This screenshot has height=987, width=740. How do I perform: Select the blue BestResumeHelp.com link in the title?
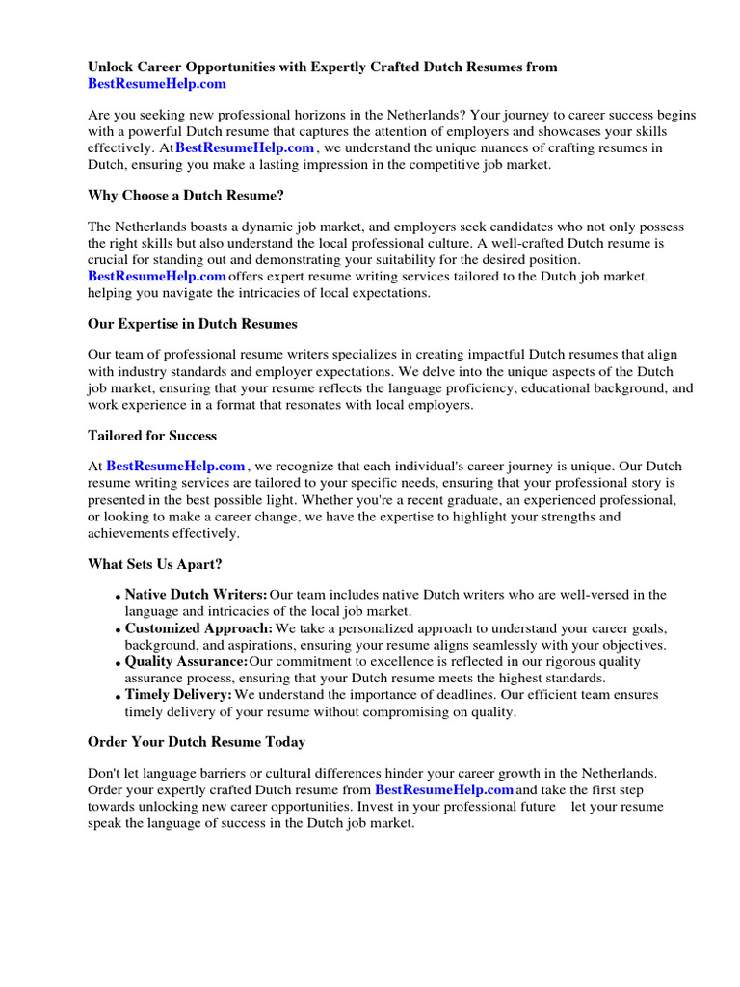(x=157, y=84)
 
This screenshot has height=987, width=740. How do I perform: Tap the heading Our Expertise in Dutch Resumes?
(x=193, y=323)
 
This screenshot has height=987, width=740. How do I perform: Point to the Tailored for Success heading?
(x=152, y=435)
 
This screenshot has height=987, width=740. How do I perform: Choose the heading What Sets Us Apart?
(x=155, y=563)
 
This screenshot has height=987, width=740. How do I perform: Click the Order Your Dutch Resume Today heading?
(x=197, y=741)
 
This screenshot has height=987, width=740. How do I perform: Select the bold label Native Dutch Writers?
(x=197, y=595)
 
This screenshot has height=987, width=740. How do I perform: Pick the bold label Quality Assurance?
(x=187, y=662)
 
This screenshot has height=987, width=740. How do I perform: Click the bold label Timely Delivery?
(x=179, y=695)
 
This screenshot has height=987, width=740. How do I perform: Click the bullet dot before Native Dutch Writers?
(x=118, y=597)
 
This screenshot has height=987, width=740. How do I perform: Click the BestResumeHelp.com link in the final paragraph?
(x=444, y=789)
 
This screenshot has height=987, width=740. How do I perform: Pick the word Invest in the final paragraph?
(x=376, y=806)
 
